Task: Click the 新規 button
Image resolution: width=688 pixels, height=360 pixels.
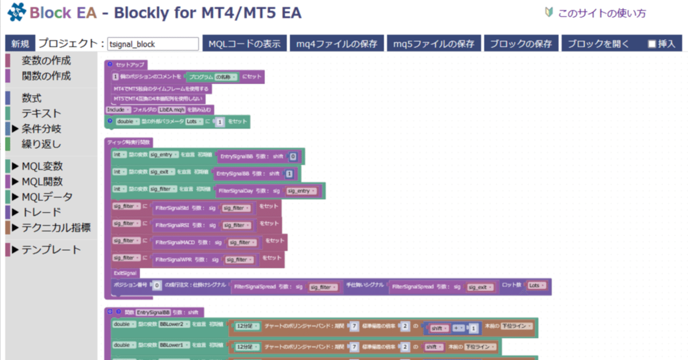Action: pos(20,44)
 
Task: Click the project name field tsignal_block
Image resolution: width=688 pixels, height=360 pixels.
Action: pos(153,44)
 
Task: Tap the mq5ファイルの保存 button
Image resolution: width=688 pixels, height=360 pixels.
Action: pos(434,44)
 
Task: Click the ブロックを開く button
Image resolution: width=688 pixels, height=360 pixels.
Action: pos(598,44)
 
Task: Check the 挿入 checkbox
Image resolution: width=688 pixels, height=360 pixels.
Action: pos(652,44)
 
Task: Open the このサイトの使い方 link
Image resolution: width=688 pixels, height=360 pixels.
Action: pos(601,13)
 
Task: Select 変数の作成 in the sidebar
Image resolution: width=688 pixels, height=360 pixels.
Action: pos(46,61)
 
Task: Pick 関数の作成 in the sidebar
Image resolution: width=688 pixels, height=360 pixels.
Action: pos(46,76)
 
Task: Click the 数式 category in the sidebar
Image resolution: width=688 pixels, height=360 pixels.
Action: pos(32,98)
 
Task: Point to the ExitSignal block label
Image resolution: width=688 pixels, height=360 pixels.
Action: pos(125,273)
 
